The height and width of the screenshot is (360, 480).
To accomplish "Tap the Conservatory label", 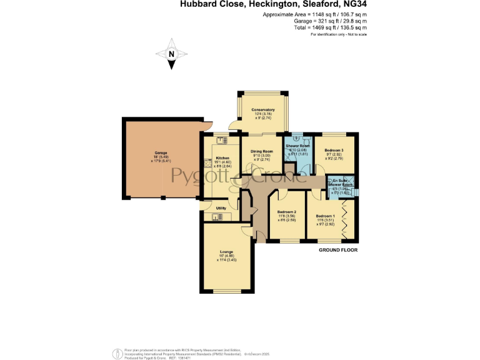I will (263, 110).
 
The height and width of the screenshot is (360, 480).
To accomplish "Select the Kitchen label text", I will (222, 158).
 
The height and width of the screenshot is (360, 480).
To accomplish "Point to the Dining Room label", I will (262, 152).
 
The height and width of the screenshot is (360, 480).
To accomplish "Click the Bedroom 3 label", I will (334, 151).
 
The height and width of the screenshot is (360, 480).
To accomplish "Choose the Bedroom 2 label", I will (286, 212).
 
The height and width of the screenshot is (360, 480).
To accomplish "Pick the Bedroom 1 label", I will (325, 216).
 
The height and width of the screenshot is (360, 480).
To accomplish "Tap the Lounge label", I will (226, 252).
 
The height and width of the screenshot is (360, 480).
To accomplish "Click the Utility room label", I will (221, 208).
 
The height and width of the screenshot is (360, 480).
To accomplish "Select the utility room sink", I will (217, 217).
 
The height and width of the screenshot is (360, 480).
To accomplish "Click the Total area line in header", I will (330, 27).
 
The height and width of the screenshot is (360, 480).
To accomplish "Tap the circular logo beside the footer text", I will (117, 353).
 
